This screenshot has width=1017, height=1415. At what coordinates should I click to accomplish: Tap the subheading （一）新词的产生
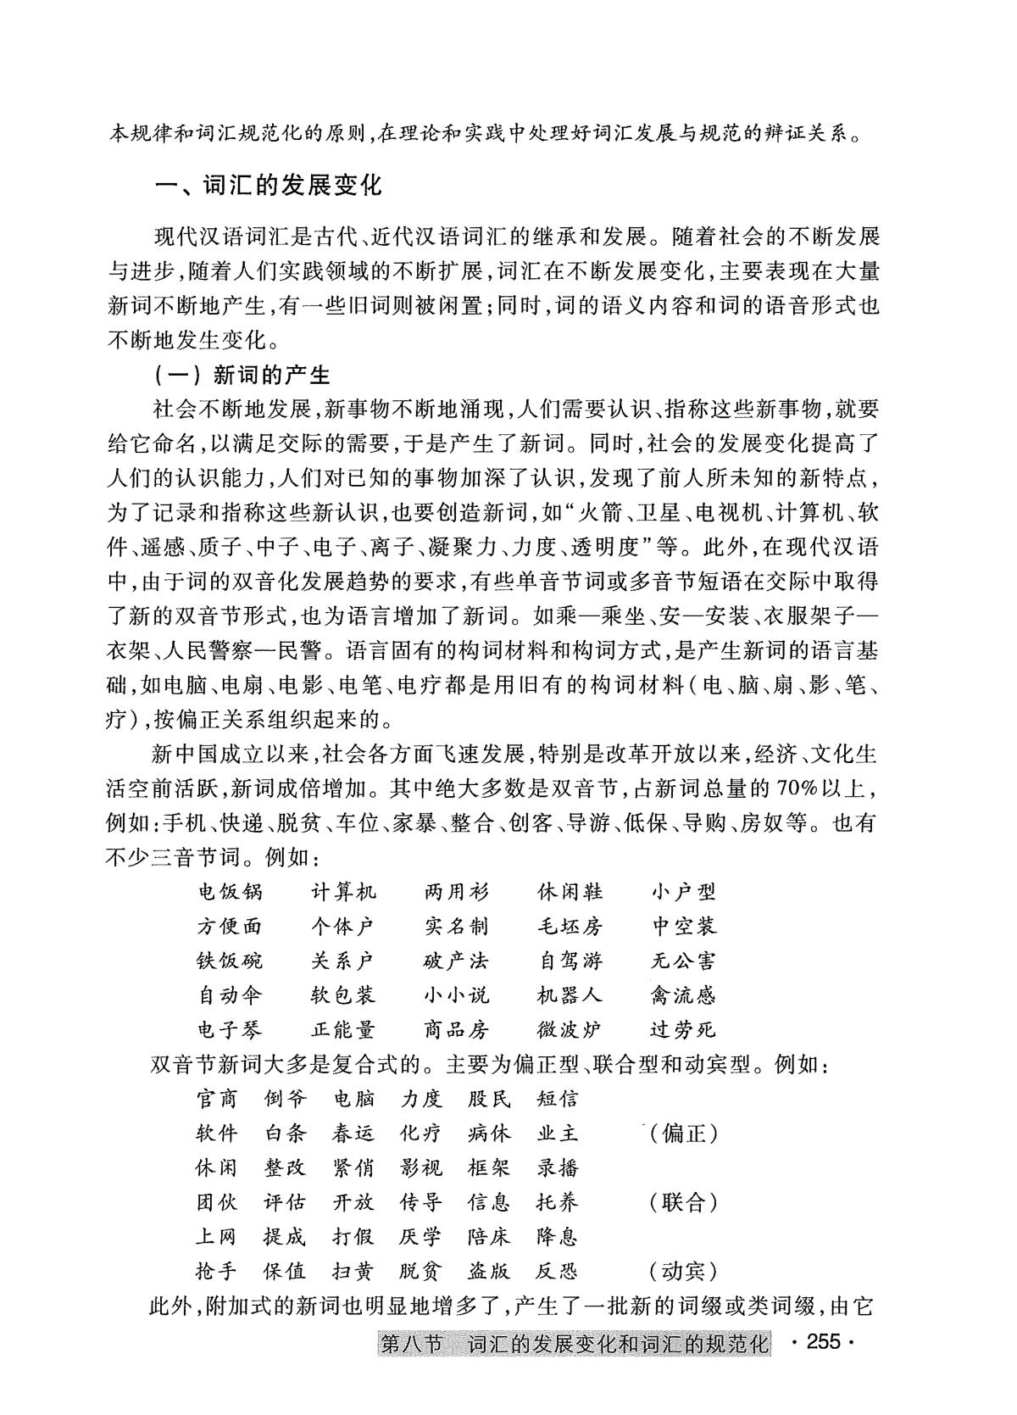click(242, 375)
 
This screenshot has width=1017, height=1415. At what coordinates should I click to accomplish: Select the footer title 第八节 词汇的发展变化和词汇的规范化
click(575, 1344)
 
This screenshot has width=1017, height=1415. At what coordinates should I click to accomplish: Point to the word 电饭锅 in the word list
click(230, 892)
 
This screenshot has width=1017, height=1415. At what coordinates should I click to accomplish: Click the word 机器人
click(570, 994)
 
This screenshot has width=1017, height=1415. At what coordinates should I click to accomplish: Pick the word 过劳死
click(683, 1029)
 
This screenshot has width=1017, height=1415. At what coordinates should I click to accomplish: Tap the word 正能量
click(343, 1029)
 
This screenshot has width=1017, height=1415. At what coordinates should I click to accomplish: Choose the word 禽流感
click(683, 994)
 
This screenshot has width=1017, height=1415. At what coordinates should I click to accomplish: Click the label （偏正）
click(683, 1134)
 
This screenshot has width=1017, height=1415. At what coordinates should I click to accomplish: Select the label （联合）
click(683, 1202)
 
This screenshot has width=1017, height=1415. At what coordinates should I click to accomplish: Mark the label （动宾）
click(683, 1271)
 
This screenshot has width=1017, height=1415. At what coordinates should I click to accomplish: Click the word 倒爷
click(285, 1100)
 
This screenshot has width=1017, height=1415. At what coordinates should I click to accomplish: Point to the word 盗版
click(489, 1271)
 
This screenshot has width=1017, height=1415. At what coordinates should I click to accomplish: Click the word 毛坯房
click(570, 926)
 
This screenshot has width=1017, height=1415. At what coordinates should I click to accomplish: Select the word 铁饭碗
click(230, 961)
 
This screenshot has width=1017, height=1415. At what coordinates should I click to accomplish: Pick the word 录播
click(557, 1168)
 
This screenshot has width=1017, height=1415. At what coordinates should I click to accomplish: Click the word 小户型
click(683, 892)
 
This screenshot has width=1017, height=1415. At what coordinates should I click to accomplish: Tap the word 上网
click(216, 1237)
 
